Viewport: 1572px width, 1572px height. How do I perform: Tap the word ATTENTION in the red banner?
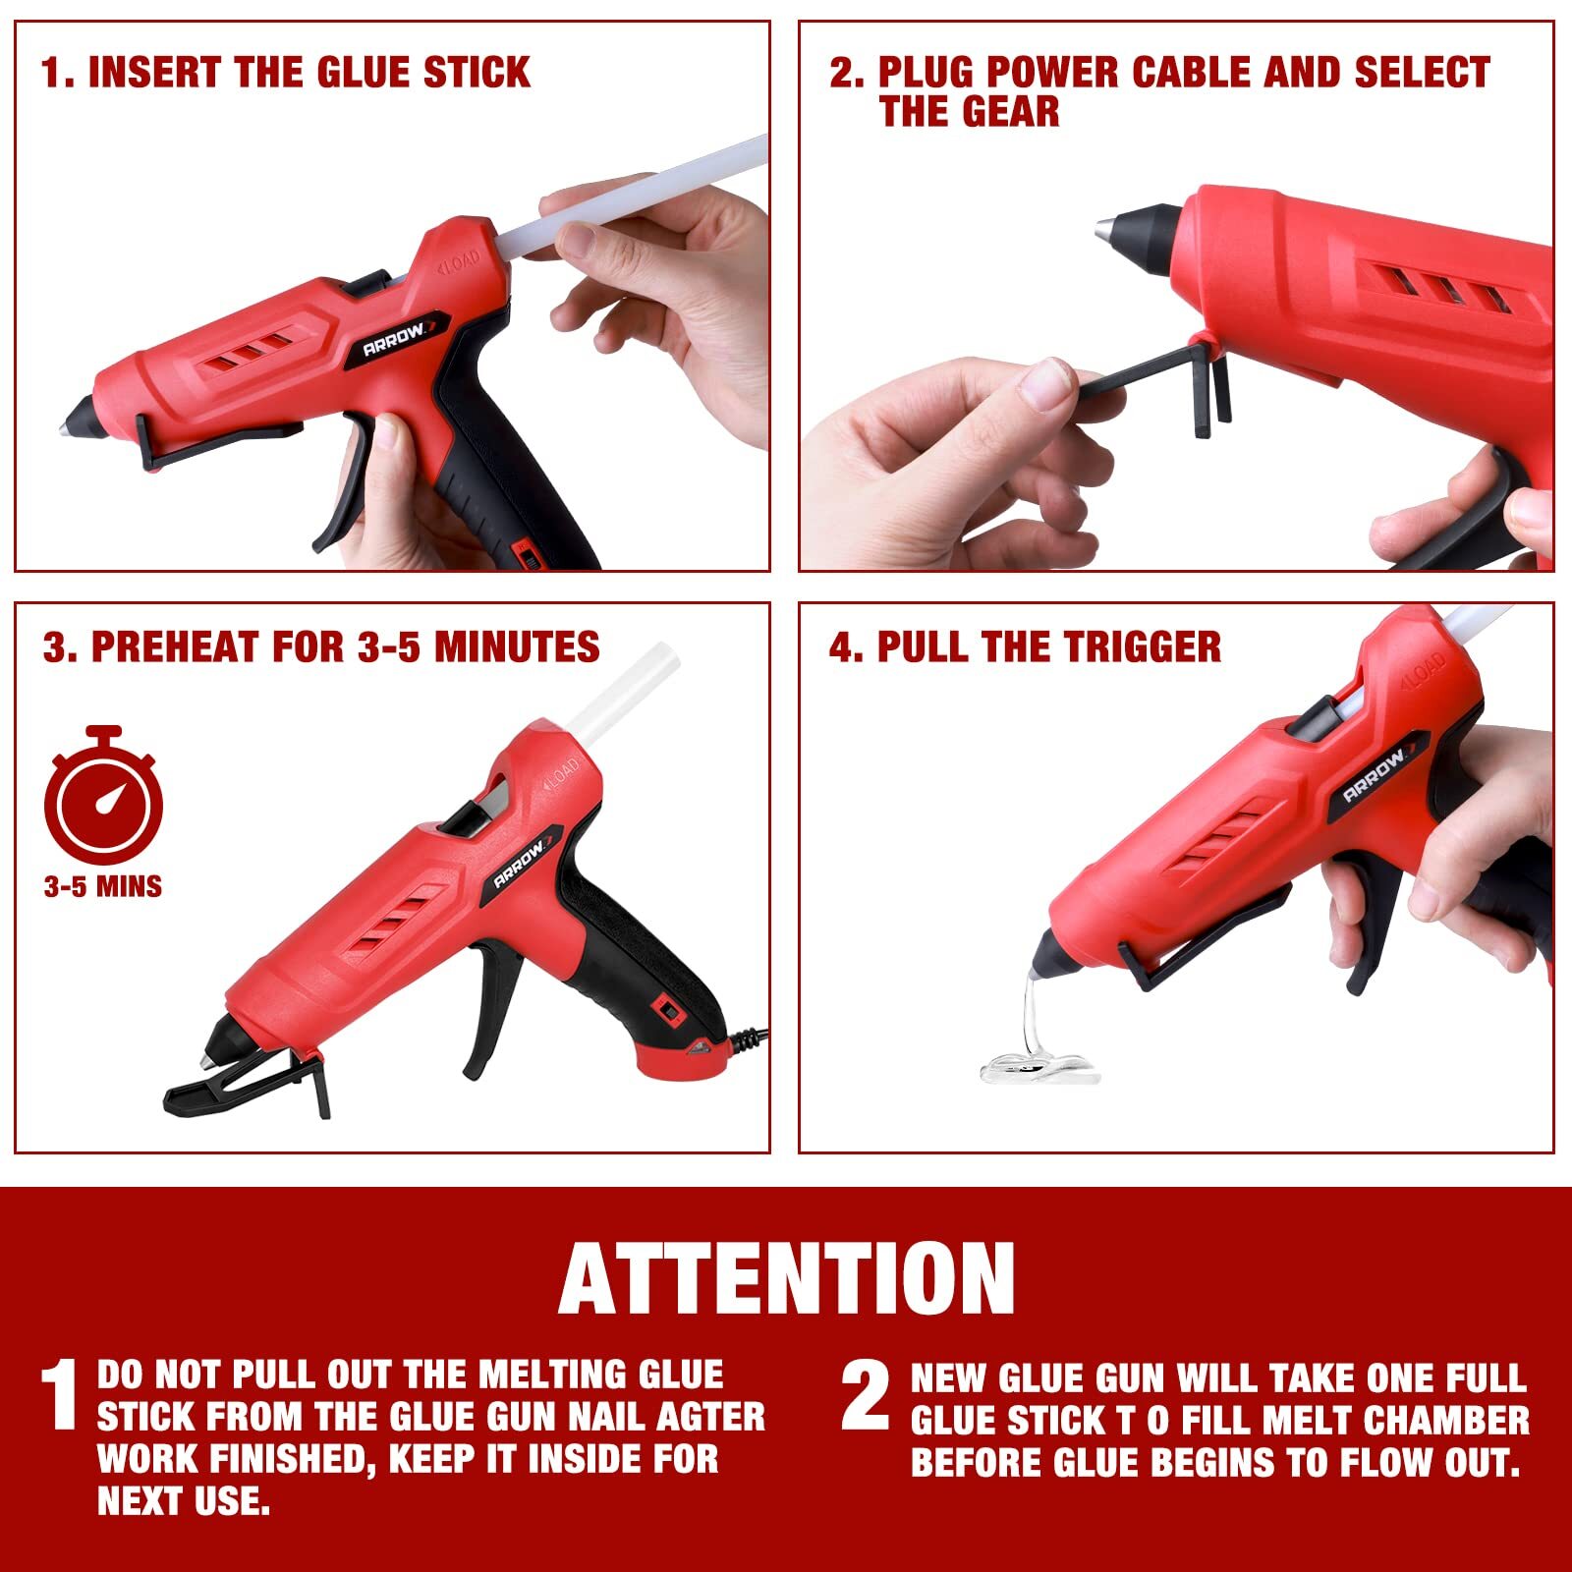pos(786,1278)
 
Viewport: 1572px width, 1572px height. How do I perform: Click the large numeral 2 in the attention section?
pos(866,1395)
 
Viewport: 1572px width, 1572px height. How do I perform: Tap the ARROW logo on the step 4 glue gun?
pos(1375,776)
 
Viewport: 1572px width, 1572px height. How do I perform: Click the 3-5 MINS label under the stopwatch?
pos(103,887)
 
